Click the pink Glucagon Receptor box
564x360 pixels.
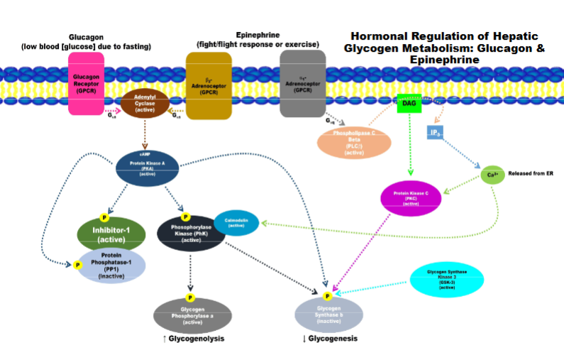coord(86,82)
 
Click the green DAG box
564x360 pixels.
coord(409,104)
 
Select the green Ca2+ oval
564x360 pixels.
coord(492,174)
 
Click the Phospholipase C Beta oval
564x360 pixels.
coord(353,144)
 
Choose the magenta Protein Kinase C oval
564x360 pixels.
coord(411,198)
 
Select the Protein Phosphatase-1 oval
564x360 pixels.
coord(112,266)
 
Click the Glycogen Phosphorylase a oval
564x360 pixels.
coord(193,315)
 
